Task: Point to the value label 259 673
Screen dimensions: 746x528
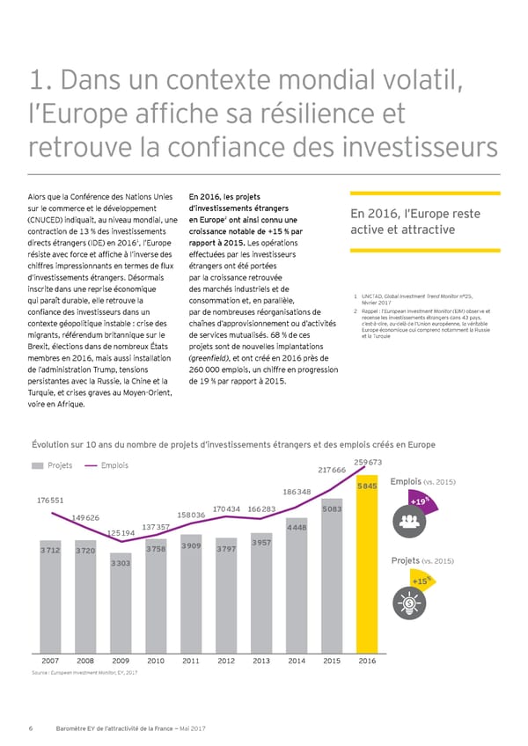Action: coord(367,463)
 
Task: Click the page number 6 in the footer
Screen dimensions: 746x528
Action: coord(31,728)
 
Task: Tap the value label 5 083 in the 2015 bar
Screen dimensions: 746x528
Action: coord(332,508)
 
